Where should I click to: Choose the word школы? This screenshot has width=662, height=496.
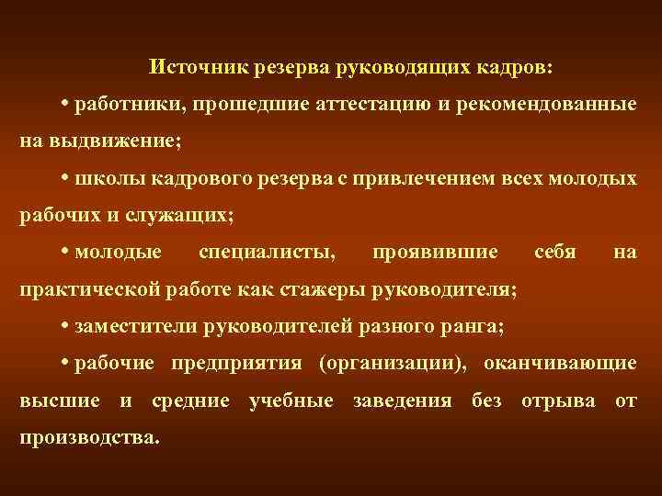click(108, 177)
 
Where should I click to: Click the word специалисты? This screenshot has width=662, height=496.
click(267, 251)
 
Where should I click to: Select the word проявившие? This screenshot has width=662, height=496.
click(436, 251)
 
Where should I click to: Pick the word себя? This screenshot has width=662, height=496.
click(554, 251)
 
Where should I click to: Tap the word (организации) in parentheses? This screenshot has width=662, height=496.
click(391, 363)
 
